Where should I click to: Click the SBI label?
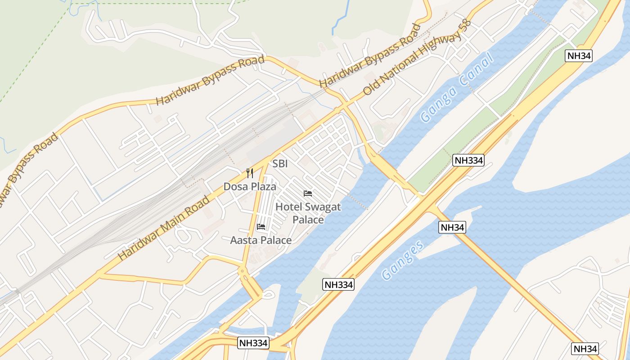coord(280,164)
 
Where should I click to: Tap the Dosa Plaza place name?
coord(250,186)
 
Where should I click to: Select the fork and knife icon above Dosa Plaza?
coord(250,173)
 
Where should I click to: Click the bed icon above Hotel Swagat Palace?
coord(308,193)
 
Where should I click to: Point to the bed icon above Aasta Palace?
coord(261,227)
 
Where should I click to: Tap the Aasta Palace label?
coord(261,240)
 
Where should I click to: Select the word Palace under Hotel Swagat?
coord(308,220)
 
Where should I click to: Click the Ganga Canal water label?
coord(456,87)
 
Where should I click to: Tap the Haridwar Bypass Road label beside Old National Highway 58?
coord(370,55)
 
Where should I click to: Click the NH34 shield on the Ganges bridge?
coord(452,227)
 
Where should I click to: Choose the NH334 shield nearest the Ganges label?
coord(338,284)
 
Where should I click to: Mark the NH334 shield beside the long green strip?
coord(468,160)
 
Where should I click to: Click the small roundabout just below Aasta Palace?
coord(243,271)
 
